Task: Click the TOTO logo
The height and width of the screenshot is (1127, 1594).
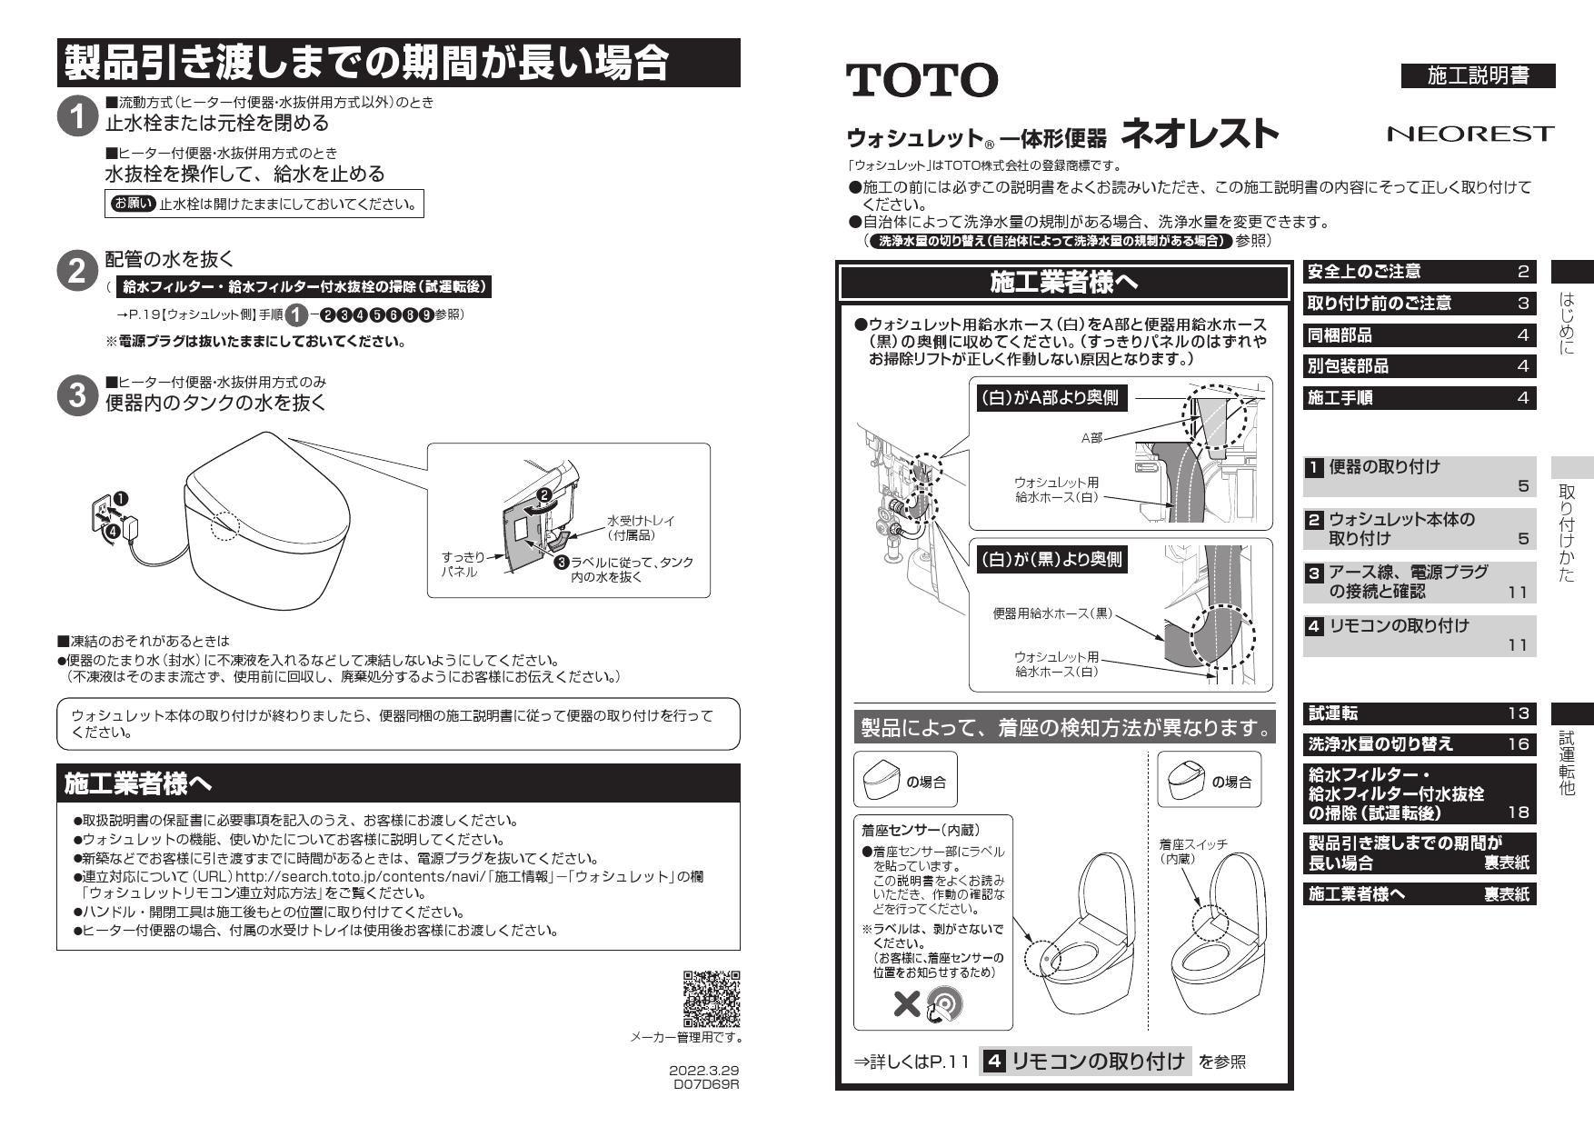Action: point(922,80)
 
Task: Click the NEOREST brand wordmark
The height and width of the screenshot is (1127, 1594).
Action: point(1470,135)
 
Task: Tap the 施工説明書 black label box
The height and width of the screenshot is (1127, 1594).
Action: point(1478,76)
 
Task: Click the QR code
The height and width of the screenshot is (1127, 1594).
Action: point(712,998)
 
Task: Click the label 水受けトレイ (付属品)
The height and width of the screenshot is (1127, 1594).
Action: point(641,528)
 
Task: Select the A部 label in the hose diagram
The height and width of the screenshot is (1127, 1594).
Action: point(1091,438)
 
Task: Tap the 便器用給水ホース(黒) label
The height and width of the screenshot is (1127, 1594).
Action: point(1052,614)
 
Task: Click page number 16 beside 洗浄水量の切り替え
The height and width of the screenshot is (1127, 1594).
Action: point(1519,743)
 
